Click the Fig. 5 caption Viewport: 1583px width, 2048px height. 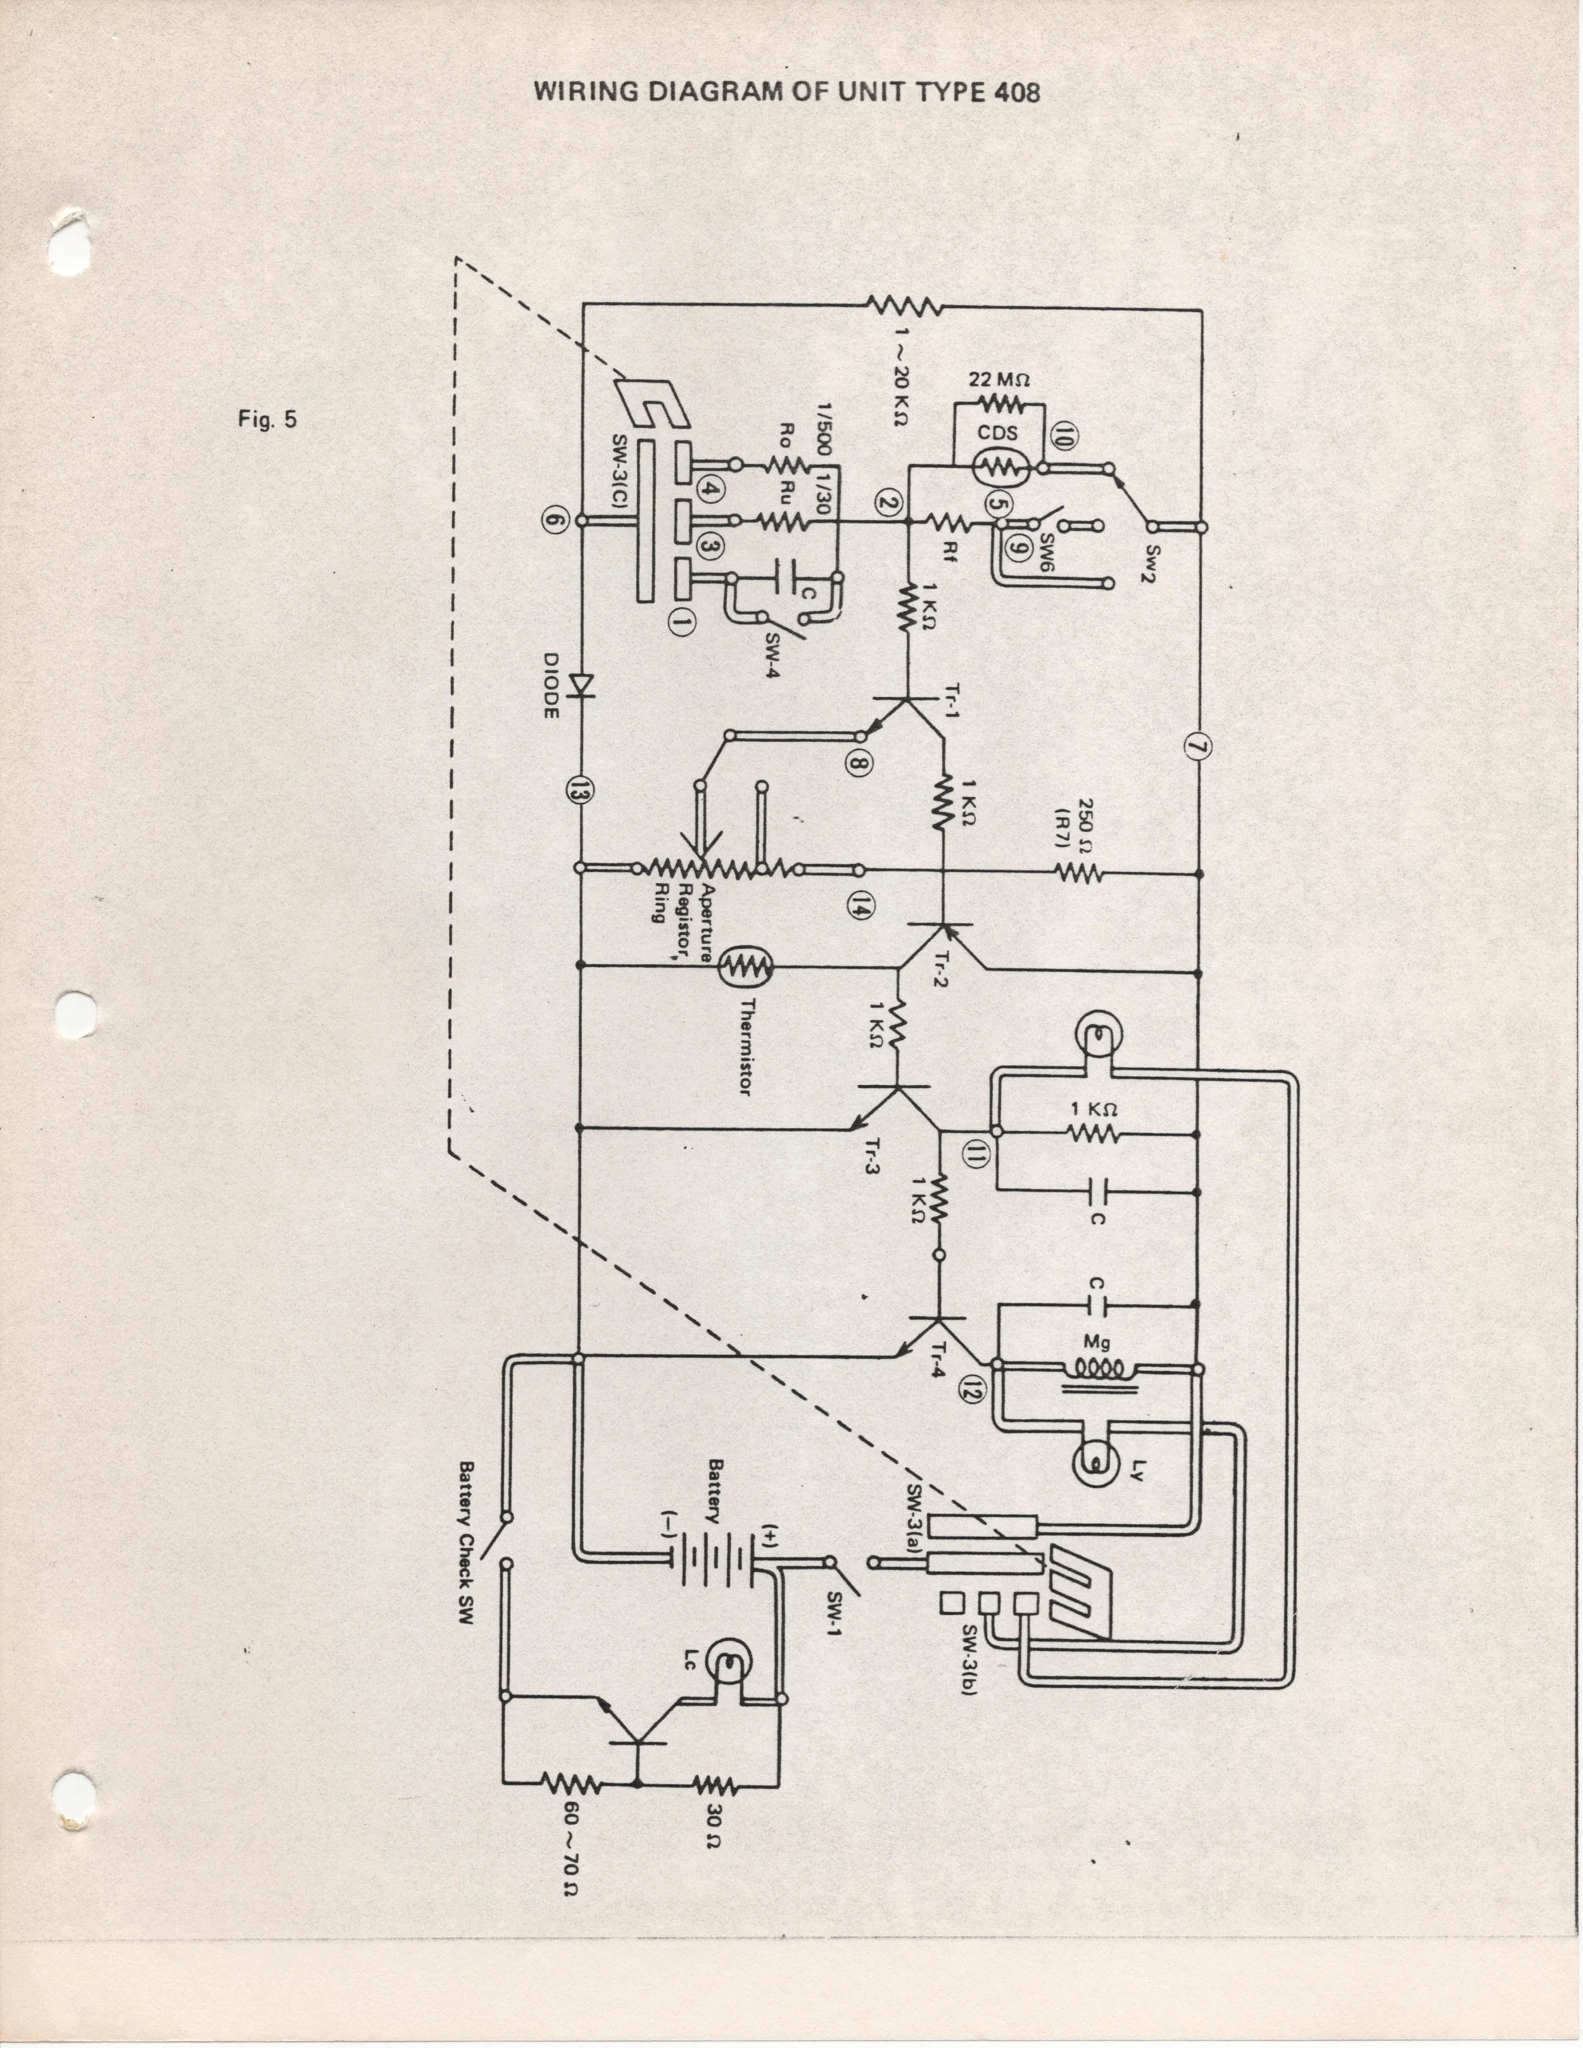[x=267, y=419]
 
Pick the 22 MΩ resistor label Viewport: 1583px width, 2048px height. [x=1000, y=380]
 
